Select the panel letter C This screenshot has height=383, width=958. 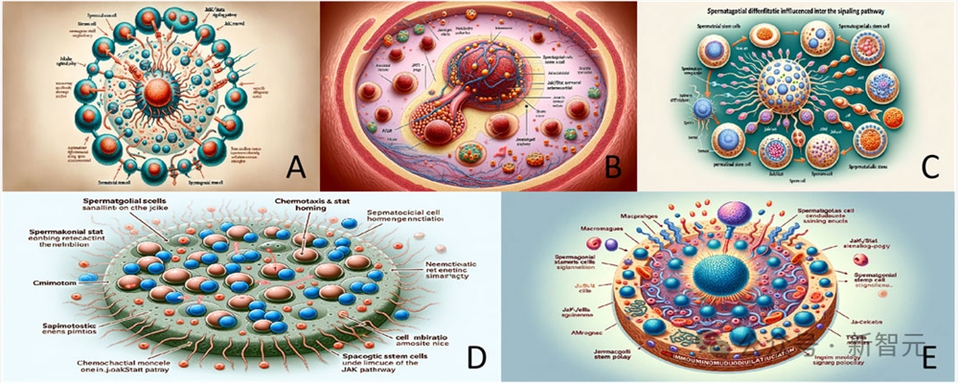pyautogui.click(x=928, y=169)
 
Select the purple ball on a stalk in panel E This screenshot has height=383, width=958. pyautogui.click(x=731, y=210)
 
